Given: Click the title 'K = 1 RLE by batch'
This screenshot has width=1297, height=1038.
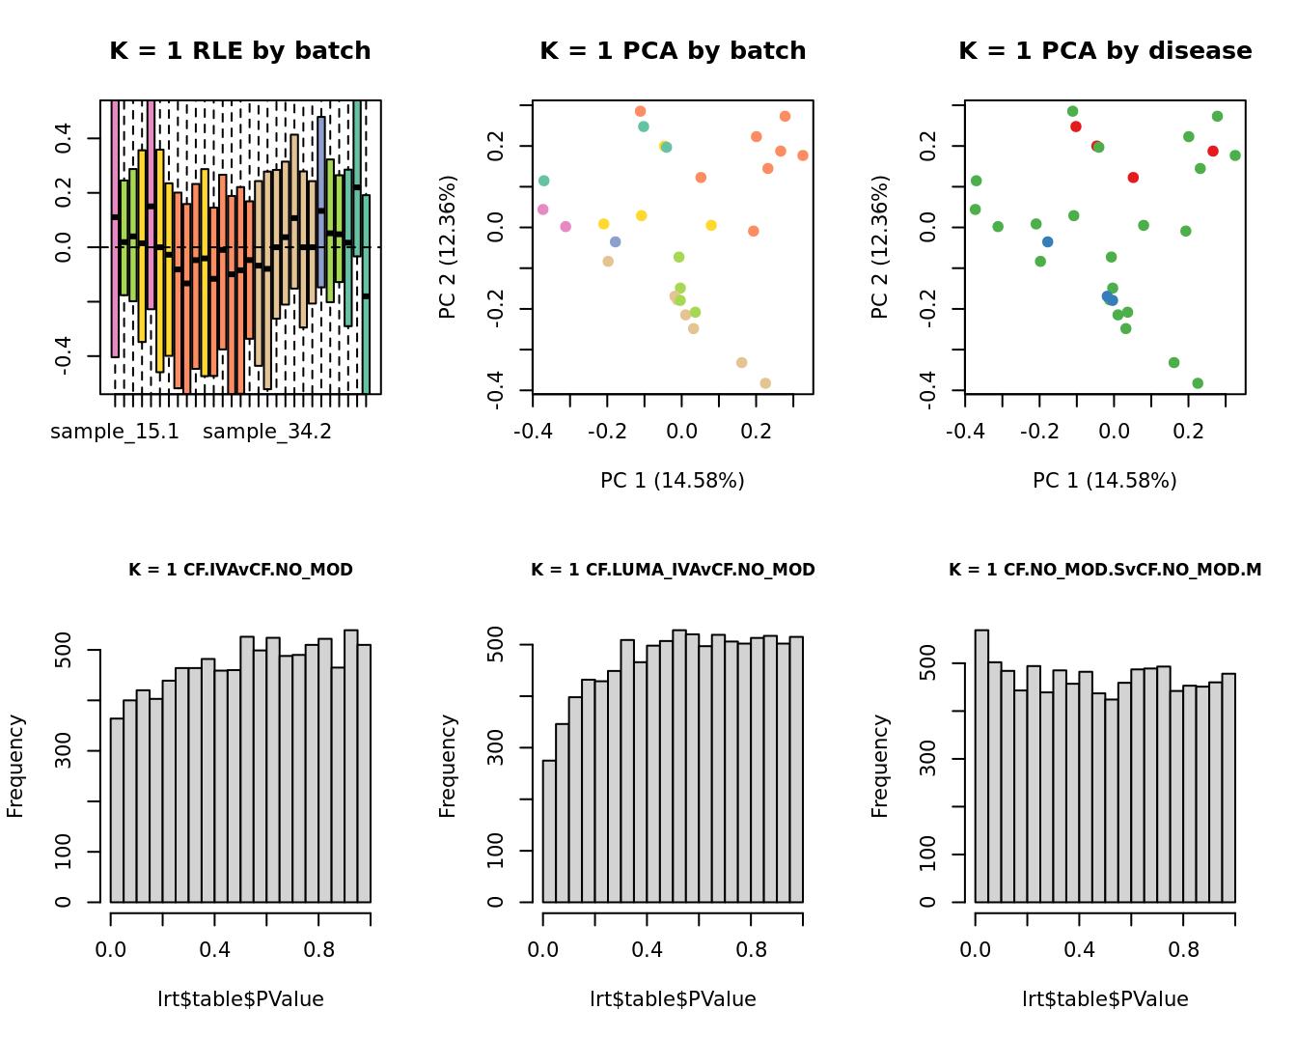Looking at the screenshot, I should (x=239, y=51).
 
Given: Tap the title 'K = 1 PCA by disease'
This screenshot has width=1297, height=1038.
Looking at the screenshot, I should (x=1105, y=51).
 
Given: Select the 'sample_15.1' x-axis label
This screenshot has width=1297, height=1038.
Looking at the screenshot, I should (x=115, y=432).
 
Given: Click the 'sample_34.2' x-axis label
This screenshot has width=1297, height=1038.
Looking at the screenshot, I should (x=267, y=432).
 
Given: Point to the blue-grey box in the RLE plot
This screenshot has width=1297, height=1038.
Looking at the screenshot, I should (x=321, y=203).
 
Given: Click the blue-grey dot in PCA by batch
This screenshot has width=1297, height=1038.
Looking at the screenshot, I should (x=616, y=242).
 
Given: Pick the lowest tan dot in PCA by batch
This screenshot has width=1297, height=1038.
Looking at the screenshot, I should (x=765, y=383).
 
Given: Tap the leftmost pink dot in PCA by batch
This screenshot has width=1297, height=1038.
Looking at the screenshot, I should (x=543, y=210).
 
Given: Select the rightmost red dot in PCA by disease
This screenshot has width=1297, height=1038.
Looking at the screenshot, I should (x=1213, y=152).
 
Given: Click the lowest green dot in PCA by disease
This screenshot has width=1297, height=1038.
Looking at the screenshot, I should (x=1198, y=383).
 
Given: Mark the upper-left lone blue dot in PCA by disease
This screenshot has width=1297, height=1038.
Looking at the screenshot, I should (x=1048, y=242).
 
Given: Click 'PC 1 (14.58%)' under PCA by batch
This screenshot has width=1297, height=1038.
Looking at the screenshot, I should (x=673, y=481).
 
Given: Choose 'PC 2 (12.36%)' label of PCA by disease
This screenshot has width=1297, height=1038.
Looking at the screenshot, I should (x=879, y=246).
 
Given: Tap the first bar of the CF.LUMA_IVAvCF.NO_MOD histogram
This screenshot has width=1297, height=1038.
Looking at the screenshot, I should (x=549, y=831).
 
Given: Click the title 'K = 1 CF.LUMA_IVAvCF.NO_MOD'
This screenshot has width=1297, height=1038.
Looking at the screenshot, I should (x=673, y=570).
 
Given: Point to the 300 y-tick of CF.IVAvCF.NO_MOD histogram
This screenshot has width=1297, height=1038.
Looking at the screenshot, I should (x=64, y=751).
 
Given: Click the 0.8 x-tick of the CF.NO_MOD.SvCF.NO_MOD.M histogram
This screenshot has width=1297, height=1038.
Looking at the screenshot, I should (x=1183, y=950).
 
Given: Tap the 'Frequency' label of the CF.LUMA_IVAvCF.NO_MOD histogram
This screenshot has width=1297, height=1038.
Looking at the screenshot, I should (x=448, y=766).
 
